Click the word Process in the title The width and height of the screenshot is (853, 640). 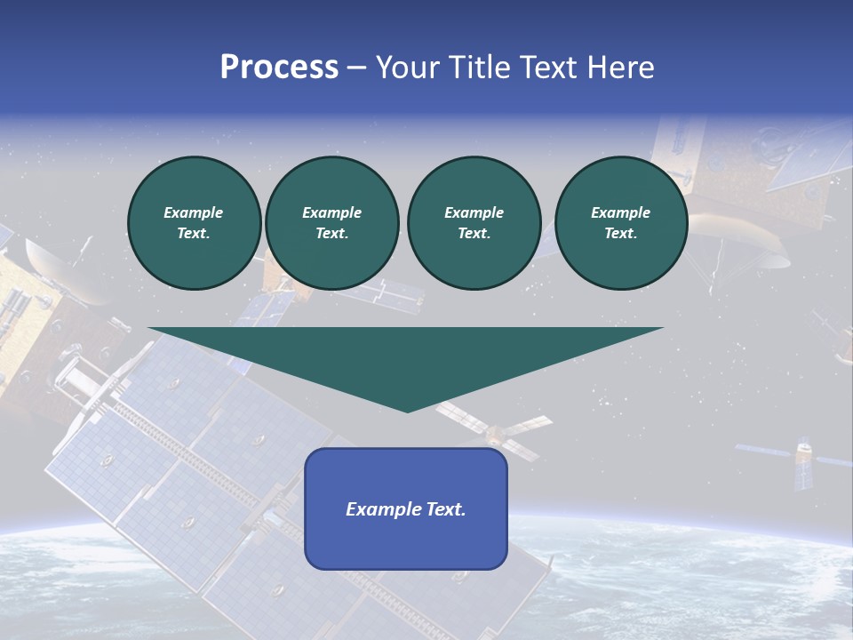(x=279, y=68)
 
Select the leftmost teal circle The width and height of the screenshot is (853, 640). (x=194, y=223)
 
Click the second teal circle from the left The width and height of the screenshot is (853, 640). (x=331, y=223)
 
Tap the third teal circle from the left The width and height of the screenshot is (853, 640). (x=474, y=223)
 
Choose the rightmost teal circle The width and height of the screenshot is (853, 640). (x=620, y=223)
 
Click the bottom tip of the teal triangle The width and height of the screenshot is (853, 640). (x=407, y=409)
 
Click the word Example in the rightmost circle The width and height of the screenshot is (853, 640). (x=620, y=212)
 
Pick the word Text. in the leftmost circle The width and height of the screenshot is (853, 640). (x=194, y=234)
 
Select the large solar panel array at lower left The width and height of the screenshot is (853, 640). (x=195, y=480)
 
